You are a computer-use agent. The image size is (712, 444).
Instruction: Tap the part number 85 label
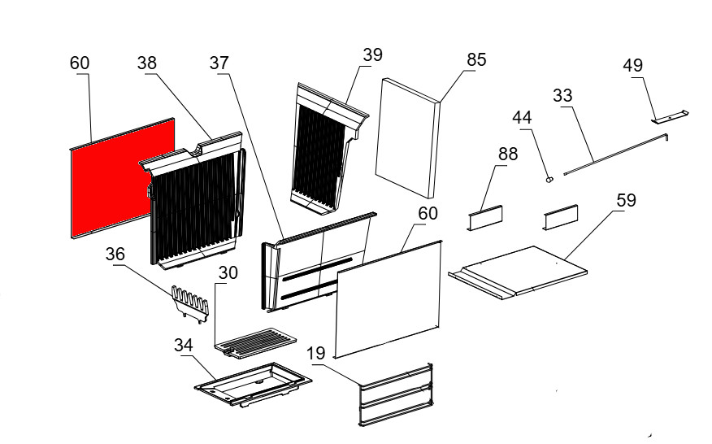476,59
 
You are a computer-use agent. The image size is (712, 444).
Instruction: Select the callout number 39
372,54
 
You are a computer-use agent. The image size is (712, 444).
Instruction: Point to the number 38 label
148,63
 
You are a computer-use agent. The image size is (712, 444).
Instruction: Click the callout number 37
219,63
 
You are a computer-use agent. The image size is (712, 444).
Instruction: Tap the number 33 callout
562,95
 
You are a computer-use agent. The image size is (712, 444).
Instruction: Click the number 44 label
522,118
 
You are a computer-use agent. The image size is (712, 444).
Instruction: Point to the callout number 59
627,198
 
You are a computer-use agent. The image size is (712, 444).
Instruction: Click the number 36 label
115,255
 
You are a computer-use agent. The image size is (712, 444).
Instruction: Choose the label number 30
228,273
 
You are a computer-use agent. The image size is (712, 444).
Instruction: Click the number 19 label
316,353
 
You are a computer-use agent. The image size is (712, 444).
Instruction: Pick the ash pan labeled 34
253,383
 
